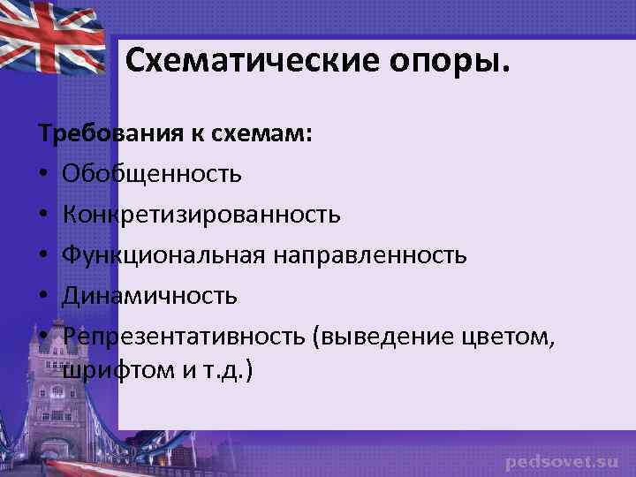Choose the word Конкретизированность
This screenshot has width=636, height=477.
[x=201, y=214]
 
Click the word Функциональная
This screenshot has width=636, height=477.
[x=163, y=254]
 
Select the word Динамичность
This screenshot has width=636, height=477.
[x=150, y=295]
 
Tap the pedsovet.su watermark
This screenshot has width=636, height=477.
[x=561, y=461]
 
